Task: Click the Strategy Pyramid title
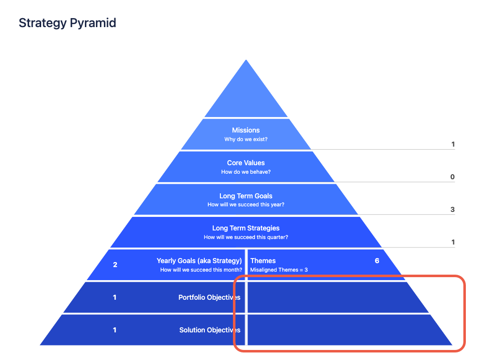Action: coord(67,23)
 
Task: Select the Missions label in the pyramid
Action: coord(246,131)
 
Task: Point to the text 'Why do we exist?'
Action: coord(246,140)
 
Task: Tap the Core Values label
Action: coord(246,163)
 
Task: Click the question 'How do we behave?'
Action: coord(246,172)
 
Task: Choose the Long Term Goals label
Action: coord(246,196)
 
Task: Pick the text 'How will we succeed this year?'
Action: coord(246,205)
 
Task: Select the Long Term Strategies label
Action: coord(246,228)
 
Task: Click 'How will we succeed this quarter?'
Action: coord(246,237)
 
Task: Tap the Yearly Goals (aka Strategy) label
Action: coord(199,261)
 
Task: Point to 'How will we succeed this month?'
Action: coord(201,270)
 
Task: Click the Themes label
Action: coord(263,261)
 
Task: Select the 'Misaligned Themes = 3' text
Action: coord(279,270)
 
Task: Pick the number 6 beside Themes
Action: coord(377,261)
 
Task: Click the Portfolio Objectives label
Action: coord(209,298)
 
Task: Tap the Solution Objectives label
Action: coord(210,330)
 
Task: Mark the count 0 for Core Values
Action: coord(452,177)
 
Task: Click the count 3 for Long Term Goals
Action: coord(452,210)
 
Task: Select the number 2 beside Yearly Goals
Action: coord(115,265)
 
